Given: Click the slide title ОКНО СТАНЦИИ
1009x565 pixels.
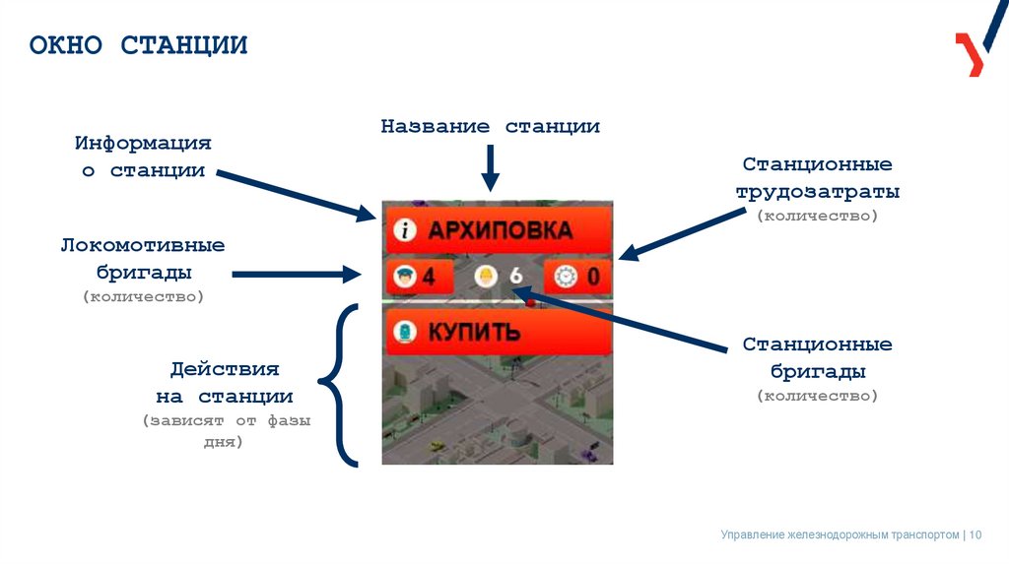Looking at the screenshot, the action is point(138,45).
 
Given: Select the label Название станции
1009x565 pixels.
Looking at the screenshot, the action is point(491,127).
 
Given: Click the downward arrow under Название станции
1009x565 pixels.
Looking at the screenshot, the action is point(491,168).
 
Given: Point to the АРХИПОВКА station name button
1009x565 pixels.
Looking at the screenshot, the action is point(499,230).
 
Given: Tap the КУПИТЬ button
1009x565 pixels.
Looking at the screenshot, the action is point(499,332).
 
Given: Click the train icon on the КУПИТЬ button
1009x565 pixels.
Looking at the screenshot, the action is point(402,333).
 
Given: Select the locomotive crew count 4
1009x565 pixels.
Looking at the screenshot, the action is point(429,277).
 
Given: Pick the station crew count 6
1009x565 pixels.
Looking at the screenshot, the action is point(515,277).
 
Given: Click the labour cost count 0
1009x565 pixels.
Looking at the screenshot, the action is point(593,277).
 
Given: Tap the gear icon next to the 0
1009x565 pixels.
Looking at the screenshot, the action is point(565,277).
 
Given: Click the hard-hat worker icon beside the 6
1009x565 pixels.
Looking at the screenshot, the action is point(485,277).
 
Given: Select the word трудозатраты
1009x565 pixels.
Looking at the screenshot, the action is point(817,192).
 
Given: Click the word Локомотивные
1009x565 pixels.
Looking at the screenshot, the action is point(143,244).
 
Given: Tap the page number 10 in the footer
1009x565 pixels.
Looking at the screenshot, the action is point(976,534).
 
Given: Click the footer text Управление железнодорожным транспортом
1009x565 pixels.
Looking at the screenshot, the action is point(840,534).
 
